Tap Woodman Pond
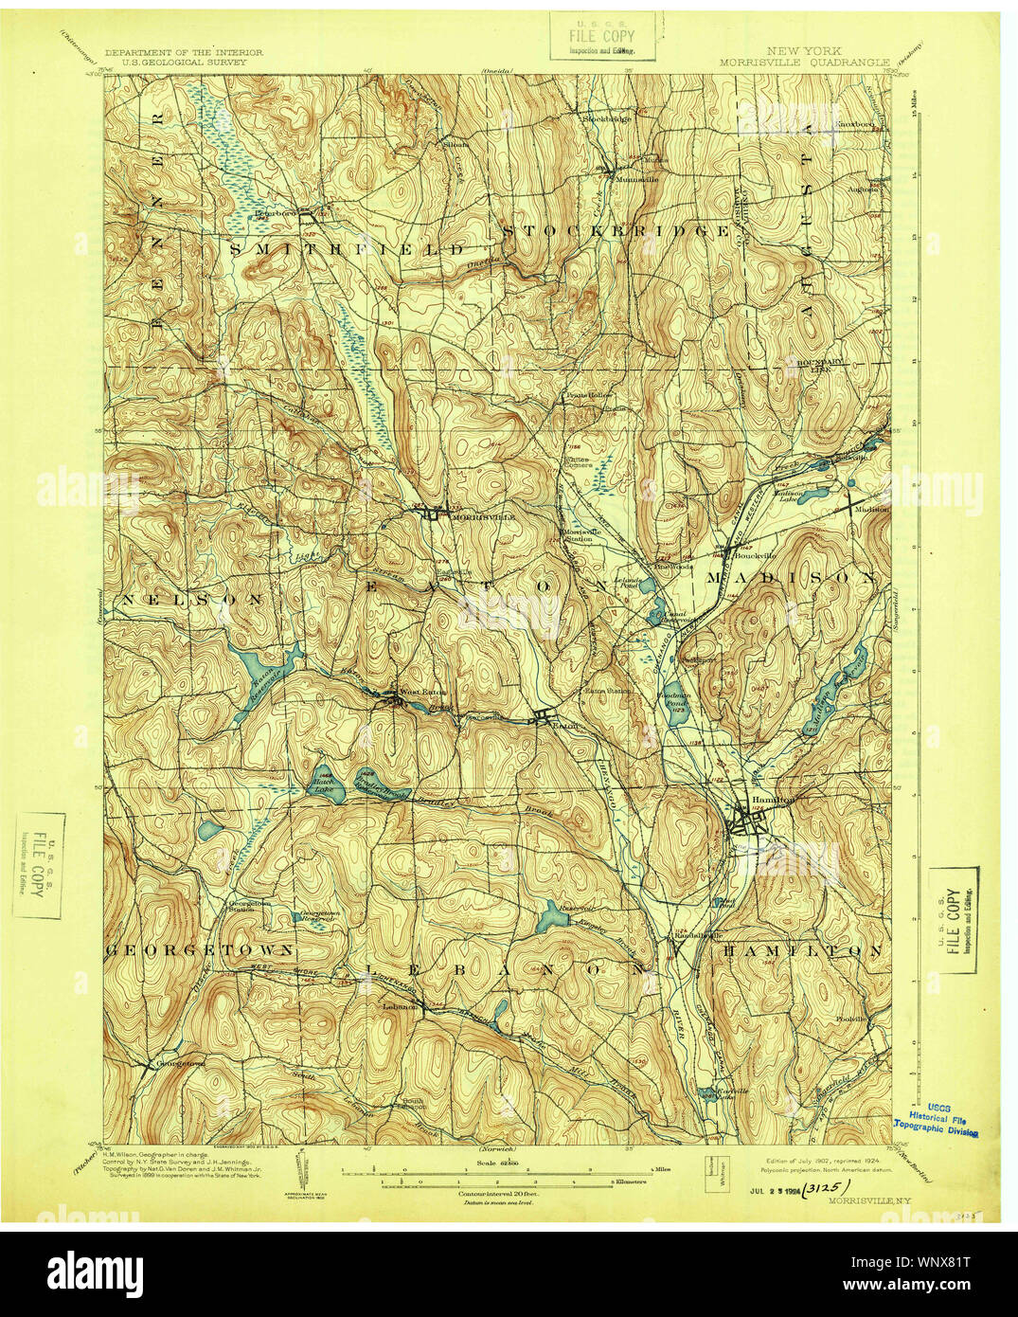(x=676, y=703)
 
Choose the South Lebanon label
(x=414, y=1104)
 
